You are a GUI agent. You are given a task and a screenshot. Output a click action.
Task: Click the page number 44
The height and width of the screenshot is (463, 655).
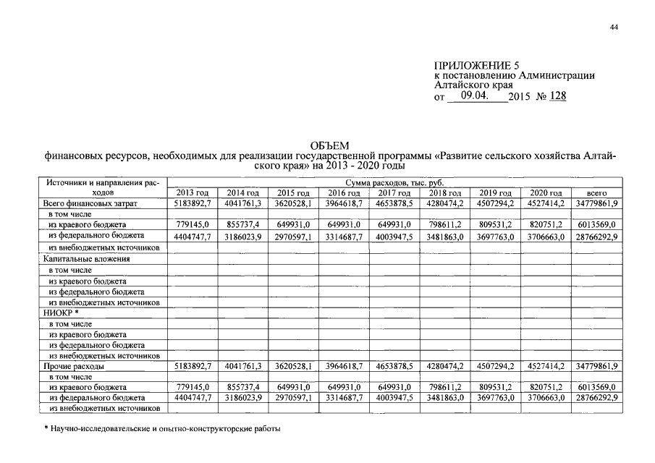point(614,27)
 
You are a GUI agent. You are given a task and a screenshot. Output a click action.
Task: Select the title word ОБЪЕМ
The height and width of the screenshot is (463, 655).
point(329,146)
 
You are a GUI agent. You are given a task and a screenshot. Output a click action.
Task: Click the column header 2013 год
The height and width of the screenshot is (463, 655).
point(193,193)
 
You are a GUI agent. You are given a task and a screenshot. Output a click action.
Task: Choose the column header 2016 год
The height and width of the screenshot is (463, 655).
point(345,193)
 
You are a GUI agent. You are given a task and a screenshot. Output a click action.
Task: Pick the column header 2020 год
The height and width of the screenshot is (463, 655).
point(546,193)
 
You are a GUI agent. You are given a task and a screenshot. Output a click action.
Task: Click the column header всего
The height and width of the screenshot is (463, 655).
point(596,193)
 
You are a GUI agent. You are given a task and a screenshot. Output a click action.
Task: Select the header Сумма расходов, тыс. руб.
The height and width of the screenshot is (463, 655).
point(394,184)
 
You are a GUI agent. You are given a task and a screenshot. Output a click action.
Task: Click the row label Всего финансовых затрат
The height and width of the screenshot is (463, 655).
point(90,204)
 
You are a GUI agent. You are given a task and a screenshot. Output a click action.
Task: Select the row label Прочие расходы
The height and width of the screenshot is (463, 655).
point(73,367)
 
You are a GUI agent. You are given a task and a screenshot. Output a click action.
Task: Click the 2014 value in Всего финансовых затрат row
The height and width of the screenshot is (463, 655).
point(243,204)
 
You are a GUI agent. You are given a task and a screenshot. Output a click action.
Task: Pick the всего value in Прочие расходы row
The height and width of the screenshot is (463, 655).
point(596,367)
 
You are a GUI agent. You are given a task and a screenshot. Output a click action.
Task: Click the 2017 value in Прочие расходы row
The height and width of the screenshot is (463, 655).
point(394,367)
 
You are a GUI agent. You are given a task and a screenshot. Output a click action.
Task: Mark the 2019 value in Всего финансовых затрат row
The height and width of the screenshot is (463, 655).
point(496,204)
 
